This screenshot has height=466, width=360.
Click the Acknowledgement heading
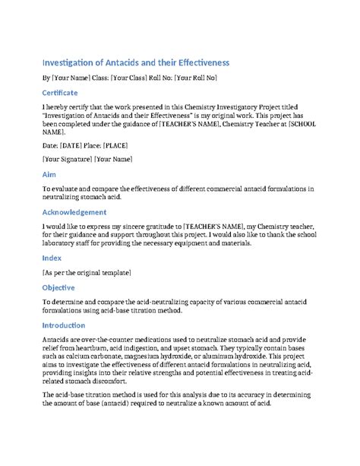tap(74, 212)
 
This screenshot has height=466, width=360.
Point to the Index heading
tap(52, 258)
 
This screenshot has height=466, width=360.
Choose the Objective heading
tap(58, 287)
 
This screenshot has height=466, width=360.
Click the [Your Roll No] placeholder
tap(195, 78)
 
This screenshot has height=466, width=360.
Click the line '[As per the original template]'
tap(87, 272)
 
